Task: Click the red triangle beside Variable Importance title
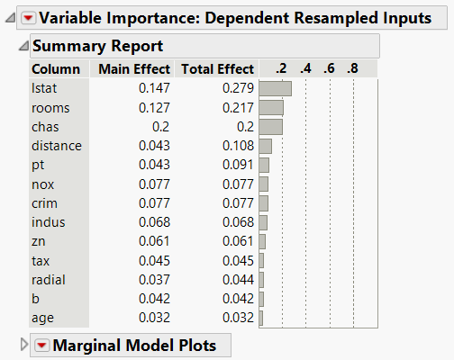point(28,17)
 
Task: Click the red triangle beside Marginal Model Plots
point(42,345)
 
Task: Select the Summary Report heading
point(97,46)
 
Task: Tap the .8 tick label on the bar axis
point(352,69)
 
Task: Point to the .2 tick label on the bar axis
point(282,69)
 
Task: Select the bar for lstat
point(275,88)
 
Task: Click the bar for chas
point(270,126)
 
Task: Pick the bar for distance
point(265,146)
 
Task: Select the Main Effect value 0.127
point(155,107)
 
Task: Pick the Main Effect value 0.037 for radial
point(155,279)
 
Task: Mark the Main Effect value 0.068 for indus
point(155,221)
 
